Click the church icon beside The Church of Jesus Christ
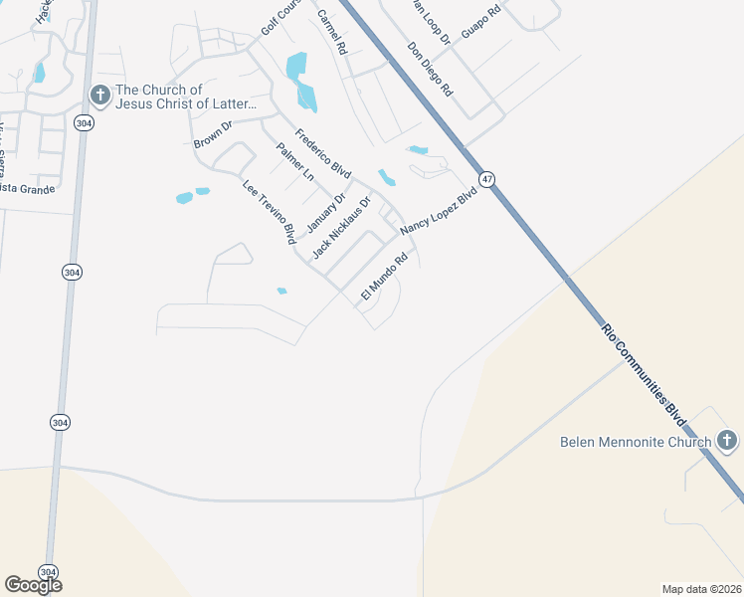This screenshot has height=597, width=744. click(x=99, y=96)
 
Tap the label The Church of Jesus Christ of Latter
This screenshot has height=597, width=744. click(x=187, y=97)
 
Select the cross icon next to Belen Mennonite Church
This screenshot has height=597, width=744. click(x=726, y=440)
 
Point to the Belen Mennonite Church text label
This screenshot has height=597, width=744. click(x=636, y=442)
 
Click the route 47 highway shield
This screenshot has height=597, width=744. click(x=485, y=179)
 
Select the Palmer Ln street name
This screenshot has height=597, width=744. click(x=295, y=162)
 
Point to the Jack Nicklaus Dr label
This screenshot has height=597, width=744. click(x=341, y=228)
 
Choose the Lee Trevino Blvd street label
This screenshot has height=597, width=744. click(x=270, y=212)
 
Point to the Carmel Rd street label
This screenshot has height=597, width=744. click(x=331, y=31)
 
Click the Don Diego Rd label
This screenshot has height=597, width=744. click(x=430, y=68)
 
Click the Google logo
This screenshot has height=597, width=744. click(x=33, y=585)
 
